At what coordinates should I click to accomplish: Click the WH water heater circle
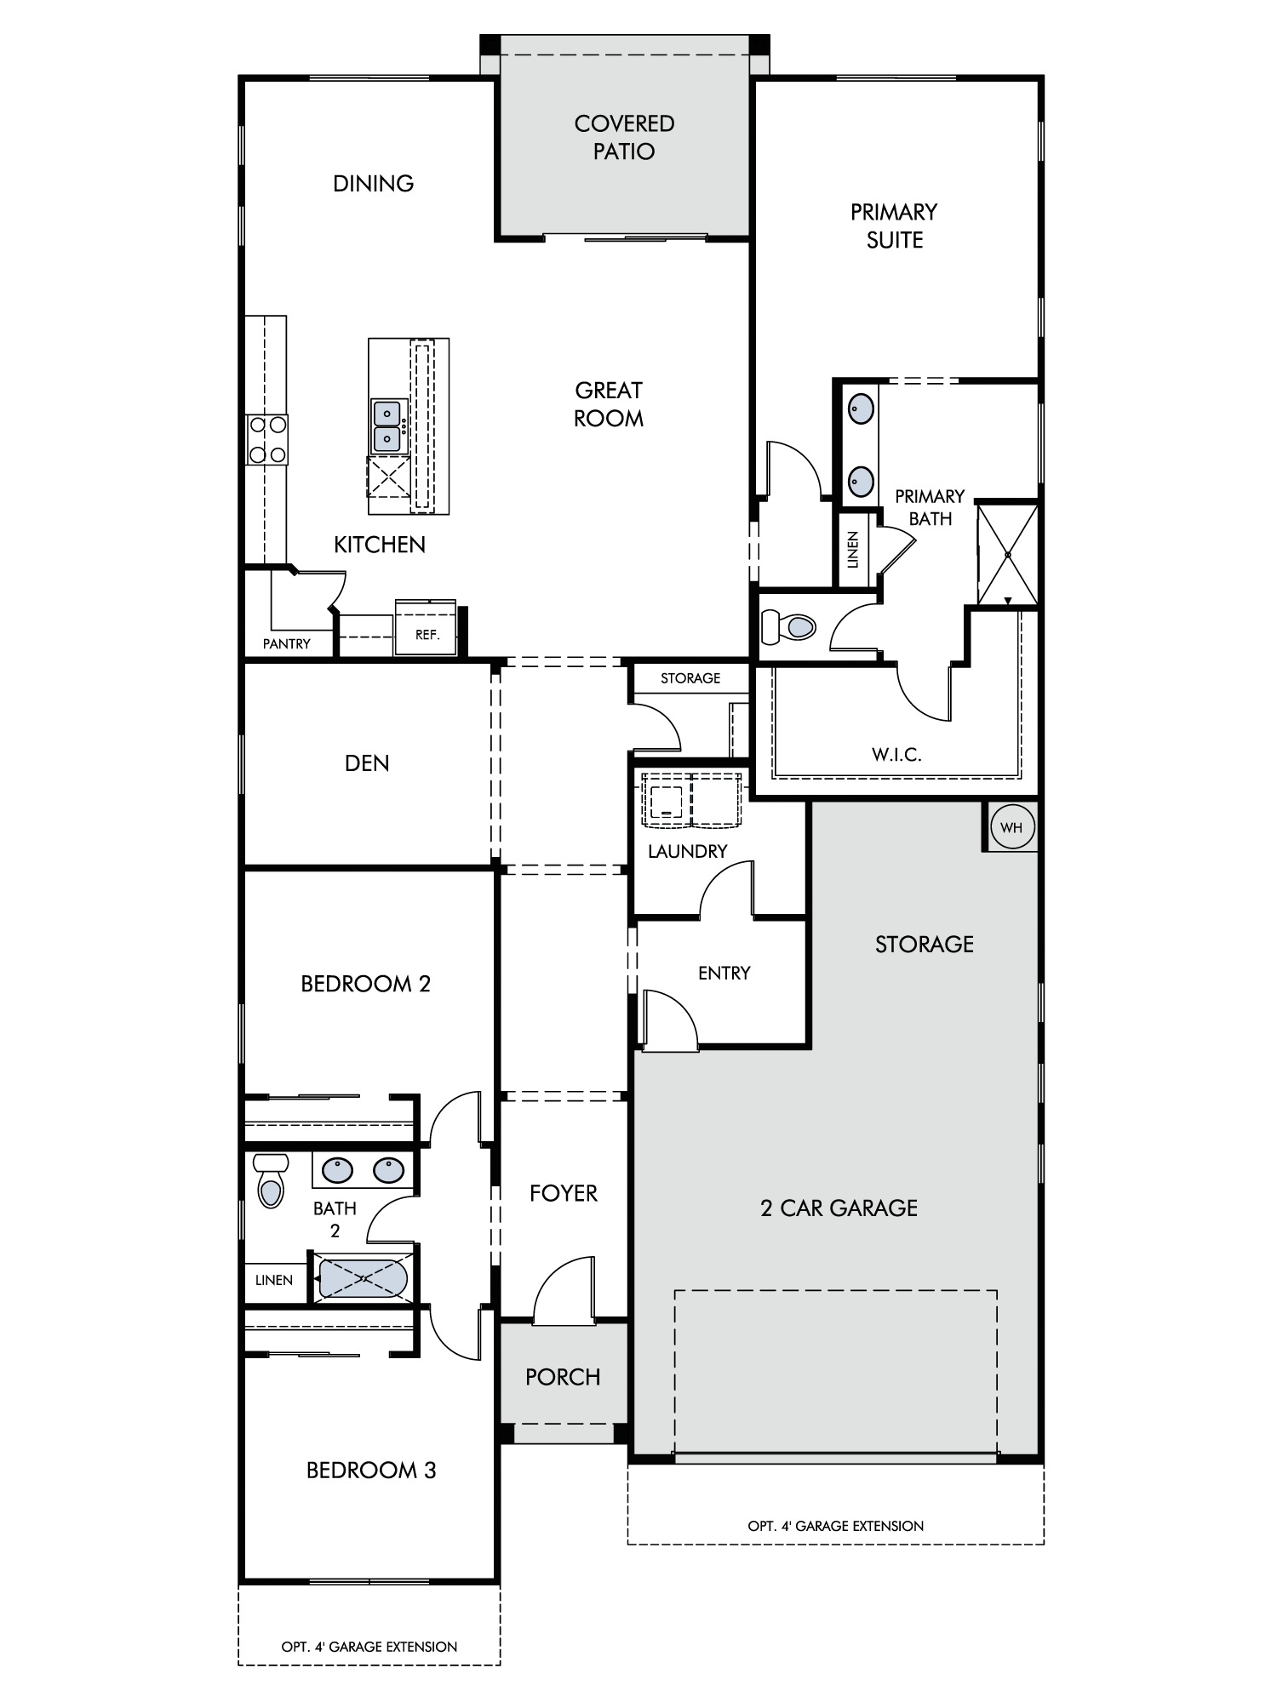[1011, 827]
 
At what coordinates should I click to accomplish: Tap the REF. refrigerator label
[427, 635]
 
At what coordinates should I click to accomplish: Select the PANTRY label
[287, 644]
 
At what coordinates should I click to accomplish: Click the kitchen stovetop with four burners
[267, 440]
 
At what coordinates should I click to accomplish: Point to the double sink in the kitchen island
[388, 426]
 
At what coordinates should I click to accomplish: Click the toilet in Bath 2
[271, 1179]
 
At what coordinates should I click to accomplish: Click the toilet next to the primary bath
[787, 627]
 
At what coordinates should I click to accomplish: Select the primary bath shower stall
[1007, 555]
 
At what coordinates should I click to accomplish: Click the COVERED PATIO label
[624, 138]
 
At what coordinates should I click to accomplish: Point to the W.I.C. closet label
[896, 754]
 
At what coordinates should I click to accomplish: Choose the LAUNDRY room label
[687, 851]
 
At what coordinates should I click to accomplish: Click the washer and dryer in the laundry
[691, 799]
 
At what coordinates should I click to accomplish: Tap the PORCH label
[563, 1377]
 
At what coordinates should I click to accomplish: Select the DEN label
[367, 763]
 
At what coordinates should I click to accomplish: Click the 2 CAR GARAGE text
[839, 1208]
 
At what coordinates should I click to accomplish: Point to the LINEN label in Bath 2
[274, 1280]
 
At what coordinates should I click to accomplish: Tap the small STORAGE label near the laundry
[690, 678]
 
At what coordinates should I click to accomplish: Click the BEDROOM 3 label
[371, 1470]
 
